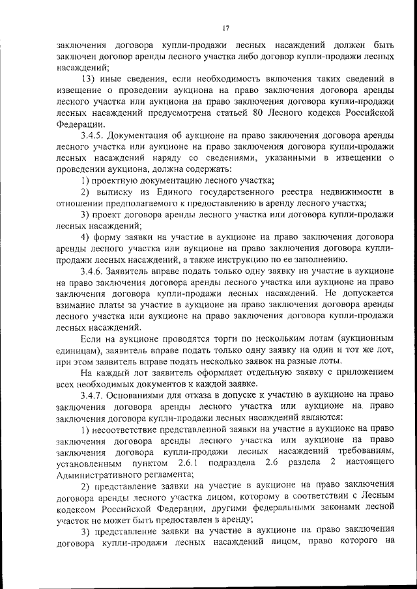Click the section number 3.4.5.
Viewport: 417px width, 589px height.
[91, 135]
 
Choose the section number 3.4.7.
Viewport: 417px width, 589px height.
[91, 394]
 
